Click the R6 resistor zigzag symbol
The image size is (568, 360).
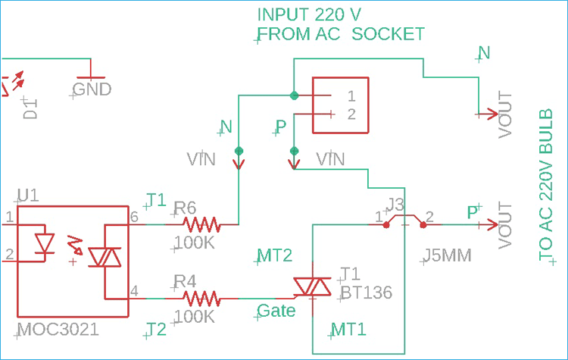(x=201, y=224)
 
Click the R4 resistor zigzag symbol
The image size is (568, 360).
(x=201, y=298)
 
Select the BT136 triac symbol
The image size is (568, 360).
(x=313, y=286)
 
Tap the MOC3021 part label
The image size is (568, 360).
(x=57, y=330)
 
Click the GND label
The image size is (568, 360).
(x=92, y=89)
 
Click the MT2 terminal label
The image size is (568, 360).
(x=275, y=256)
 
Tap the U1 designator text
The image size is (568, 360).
(x=27, y=196)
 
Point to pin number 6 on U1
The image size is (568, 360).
(x=134, y=218)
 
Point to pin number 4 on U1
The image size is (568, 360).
(x=134, y=290)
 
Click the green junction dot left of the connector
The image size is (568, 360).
(x=294, y=95)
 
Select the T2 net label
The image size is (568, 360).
(x=155, y=329)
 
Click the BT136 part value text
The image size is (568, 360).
(x=367, y=292)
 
